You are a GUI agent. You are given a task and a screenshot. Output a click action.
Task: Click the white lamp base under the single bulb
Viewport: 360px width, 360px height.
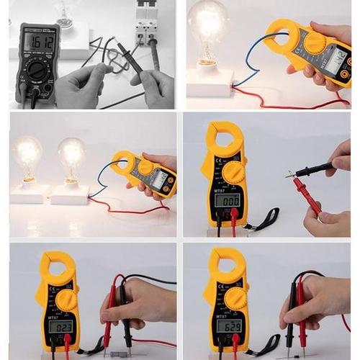click(x=210, y=81)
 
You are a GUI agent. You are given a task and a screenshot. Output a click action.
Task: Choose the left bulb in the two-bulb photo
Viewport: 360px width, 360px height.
click(x=27, y=153)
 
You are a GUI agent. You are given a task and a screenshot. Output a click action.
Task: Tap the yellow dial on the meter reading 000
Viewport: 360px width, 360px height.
click(x=234, y=172)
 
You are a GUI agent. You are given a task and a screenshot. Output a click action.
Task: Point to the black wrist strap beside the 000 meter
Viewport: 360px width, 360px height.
click(x=263, y=218)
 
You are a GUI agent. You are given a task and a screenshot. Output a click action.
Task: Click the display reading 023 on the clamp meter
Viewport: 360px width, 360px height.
click(x=60, y=325)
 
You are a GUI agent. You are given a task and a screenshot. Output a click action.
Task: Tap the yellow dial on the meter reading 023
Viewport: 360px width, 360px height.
click(x=66, y=298)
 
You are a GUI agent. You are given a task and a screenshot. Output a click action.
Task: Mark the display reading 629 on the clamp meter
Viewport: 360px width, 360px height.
click(x=229, y=325)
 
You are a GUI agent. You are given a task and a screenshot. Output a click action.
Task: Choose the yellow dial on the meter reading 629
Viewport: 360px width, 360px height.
click(x=234, y=297)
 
